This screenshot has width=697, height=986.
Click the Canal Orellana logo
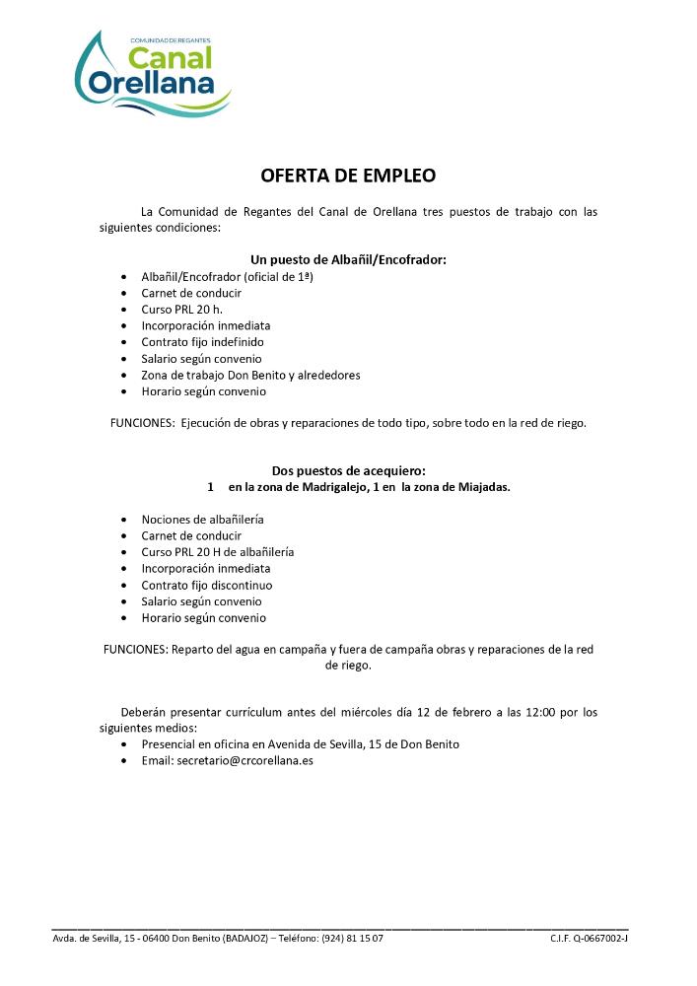click(153, 74)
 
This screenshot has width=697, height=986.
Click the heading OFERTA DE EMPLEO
click(348, 176)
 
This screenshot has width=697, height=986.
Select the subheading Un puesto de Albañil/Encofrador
click(348, 259)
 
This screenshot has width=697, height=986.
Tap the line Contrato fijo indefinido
click(202, 342)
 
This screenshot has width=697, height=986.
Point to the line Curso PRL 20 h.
click(181, 309)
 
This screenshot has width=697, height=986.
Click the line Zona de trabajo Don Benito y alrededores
click(250, 375)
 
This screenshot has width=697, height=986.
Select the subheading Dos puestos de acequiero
click(348, 470)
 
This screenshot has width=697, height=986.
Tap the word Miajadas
click(482, 487)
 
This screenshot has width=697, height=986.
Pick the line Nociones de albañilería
click(202, 519)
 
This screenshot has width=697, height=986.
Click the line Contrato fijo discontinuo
click(206, 585)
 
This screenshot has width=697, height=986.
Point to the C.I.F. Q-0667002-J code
click(589, 938)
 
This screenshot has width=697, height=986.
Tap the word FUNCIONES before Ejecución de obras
click(142, 423)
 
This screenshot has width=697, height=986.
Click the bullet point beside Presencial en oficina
click(123, 745)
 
